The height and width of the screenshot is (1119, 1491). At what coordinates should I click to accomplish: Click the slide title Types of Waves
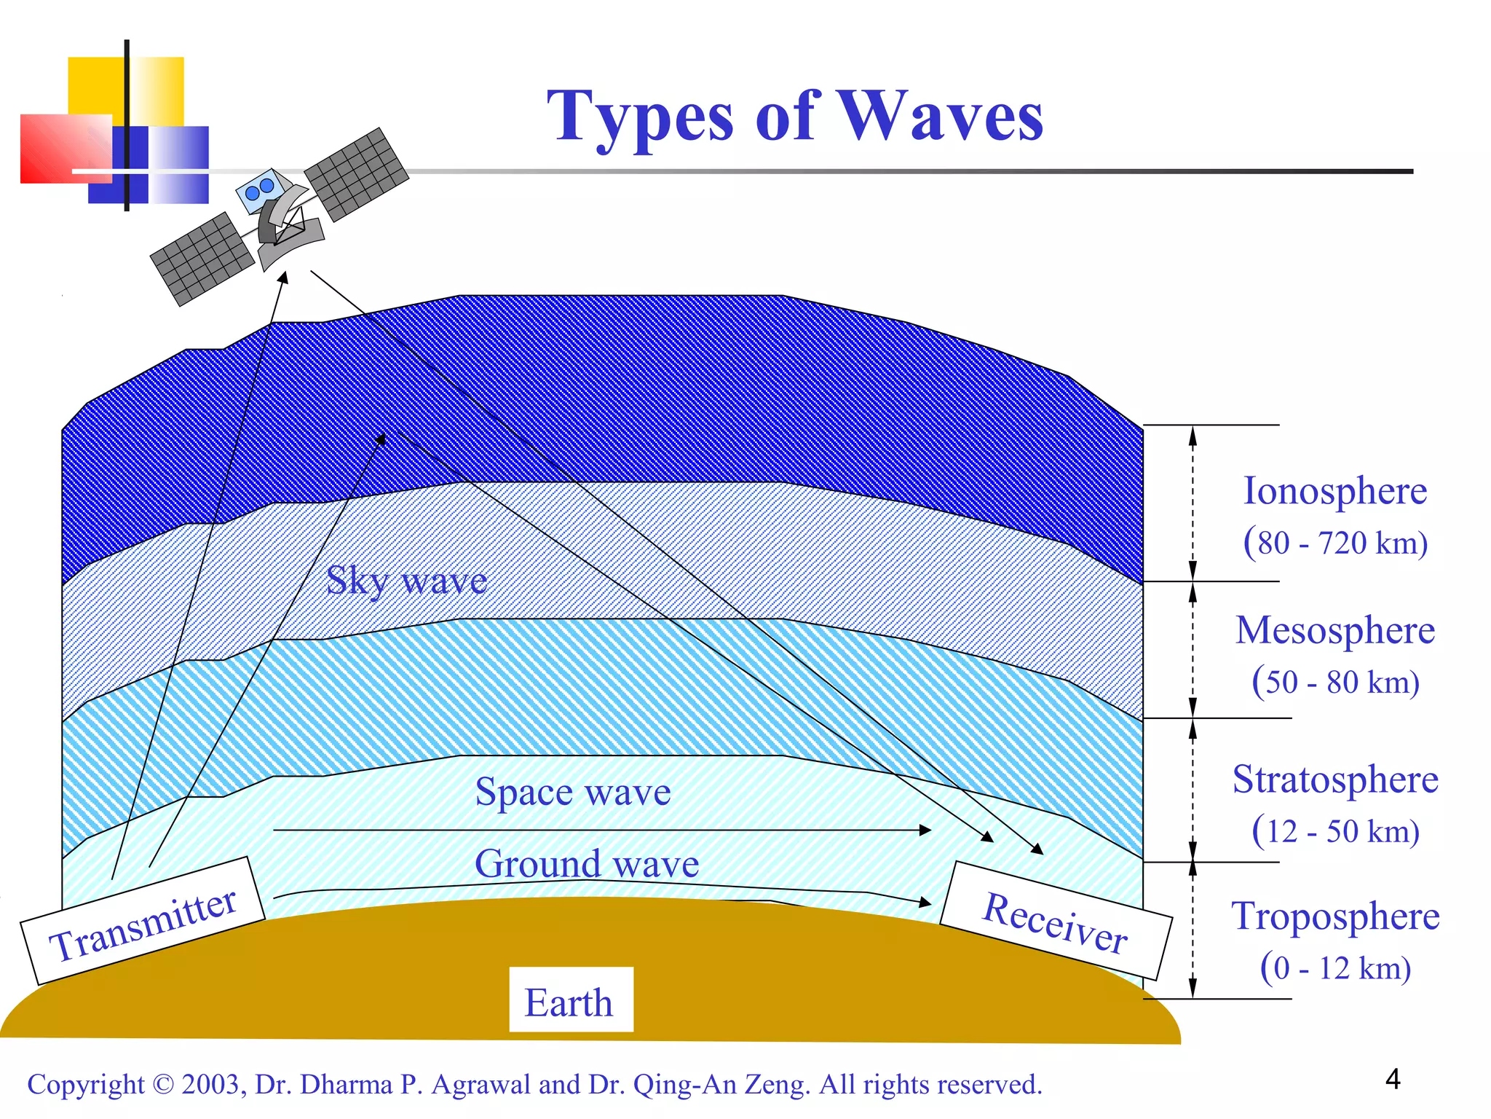pos(794,117)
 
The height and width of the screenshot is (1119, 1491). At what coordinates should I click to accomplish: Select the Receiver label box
pos(1055,921)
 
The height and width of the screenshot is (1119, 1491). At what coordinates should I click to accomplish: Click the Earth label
pos(569,1002)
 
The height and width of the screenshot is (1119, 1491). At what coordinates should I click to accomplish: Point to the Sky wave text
pos(406,581)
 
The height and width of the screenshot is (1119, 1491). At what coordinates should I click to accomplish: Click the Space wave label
pos(572,792)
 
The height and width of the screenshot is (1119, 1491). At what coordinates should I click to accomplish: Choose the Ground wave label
pos(587,864)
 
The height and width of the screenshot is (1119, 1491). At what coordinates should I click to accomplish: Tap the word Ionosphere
pos(1334,491)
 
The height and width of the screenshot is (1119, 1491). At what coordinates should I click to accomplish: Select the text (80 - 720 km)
pos(1334,543)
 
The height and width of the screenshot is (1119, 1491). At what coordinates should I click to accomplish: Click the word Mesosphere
pos(1334,630)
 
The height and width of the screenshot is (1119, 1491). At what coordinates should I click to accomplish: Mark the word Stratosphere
pos(1334,780)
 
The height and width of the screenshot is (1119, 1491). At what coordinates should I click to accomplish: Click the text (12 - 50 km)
pos(1334,831)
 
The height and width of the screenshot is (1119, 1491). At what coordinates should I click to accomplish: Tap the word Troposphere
pos(1334,916)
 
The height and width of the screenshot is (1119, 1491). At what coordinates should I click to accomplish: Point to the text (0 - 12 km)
pos(1334,968)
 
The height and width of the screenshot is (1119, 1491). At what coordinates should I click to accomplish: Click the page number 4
pos(1392,1079)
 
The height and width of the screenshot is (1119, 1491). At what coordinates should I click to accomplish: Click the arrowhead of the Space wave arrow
pos(925,830)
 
